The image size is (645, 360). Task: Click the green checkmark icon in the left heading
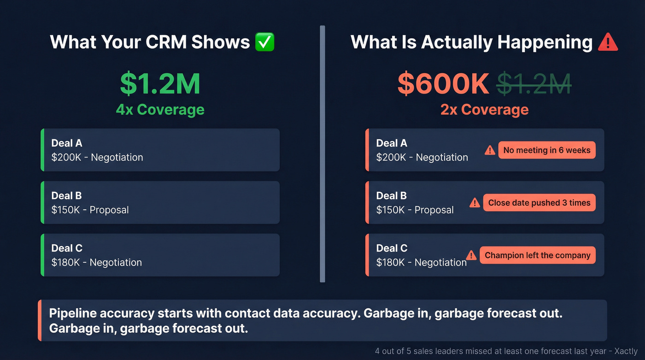coord(264,42)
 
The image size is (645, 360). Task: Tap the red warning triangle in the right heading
coord(607,42)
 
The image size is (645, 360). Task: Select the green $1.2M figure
coord(160,83)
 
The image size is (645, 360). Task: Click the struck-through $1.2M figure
coord(534,83)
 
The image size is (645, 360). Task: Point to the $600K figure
coord(443,83)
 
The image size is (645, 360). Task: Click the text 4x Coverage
coord(160,110)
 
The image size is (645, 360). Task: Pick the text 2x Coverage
coord(484,110)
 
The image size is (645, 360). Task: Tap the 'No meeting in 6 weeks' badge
coord(546,150)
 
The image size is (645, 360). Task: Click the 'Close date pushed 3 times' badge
coord(539,203)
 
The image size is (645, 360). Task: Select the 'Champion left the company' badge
coord(537,255)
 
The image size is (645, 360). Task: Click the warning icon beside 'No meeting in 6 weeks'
coord(490,150)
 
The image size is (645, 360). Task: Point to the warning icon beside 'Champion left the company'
coord(471,255)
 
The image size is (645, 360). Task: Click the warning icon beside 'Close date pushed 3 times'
coord(475,203)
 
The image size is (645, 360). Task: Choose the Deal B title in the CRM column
coord(67,195)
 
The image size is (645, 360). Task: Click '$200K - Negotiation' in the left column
coord(97,158)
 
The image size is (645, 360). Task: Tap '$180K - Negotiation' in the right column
coord(421,263)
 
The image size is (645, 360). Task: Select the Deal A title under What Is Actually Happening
coord(392,143)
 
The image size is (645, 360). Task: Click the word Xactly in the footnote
coord(626,352)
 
